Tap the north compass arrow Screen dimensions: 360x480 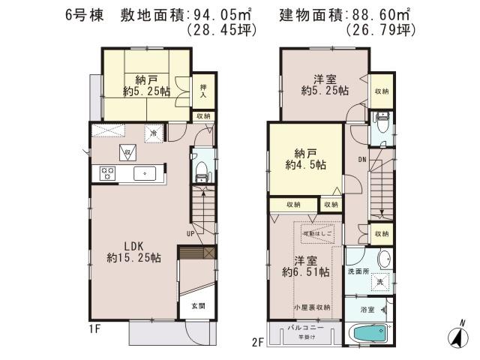(456, 338)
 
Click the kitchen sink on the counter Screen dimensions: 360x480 (142, 173)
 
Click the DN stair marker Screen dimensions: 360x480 (361, 159)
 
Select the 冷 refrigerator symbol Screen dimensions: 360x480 (152, 133)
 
